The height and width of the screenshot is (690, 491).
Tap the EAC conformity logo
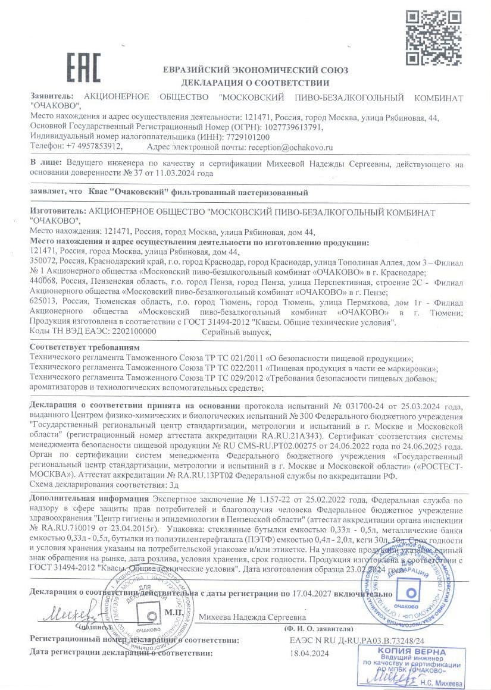click(83, 68)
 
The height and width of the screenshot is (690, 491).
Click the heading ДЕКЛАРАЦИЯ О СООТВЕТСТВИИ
click(255, 83)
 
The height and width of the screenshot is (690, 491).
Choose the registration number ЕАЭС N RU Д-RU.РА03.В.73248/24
click(356, 641)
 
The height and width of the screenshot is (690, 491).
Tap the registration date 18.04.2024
click(309, 653)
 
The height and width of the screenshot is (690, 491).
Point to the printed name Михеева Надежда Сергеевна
click(253, 617)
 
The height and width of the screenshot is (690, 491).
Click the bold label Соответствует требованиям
click(85, 347)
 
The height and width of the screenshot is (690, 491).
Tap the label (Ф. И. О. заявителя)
click(318, 629)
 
